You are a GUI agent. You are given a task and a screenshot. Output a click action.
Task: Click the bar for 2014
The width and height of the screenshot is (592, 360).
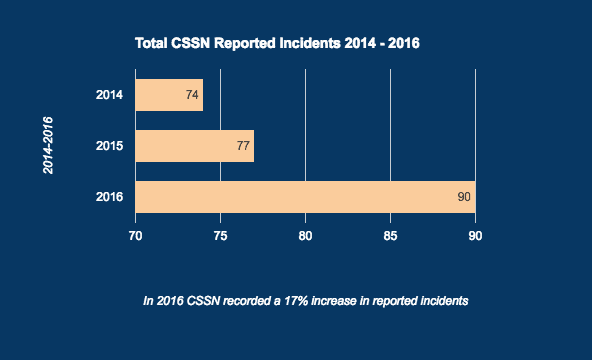click(168, 95)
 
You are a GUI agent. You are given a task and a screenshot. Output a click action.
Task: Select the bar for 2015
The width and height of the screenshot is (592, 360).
click(194, 146)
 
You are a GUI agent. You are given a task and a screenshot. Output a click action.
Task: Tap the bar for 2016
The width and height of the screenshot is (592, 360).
click(305, 197)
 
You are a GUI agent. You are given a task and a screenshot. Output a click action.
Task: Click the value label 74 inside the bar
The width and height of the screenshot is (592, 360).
click(193, 95)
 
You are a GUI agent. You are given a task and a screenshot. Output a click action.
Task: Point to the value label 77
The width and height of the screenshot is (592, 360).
click(243, 146)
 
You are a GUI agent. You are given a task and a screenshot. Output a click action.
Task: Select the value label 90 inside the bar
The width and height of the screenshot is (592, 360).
click(464, 197)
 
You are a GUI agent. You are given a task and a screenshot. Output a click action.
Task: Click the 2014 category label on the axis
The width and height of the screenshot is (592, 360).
click(109, 95)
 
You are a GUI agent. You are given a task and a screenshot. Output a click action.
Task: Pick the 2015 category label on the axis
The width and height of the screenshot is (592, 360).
click(109, 146)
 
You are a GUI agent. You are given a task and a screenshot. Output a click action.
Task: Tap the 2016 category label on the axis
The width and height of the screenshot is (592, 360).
click(109, 197)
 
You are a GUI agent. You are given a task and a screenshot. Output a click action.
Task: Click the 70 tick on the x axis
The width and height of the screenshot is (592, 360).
click(135, 236)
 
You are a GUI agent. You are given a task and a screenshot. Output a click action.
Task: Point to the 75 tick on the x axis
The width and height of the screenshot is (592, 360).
click(220, 236)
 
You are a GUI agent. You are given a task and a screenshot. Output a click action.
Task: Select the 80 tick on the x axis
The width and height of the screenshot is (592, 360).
click(305, 236)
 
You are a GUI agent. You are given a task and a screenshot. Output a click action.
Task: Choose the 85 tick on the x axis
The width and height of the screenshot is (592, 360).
click(390, 236)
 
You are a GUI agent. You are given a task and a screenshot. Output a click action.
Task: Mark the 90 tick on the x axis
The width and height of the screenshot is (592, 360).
click(476, 236)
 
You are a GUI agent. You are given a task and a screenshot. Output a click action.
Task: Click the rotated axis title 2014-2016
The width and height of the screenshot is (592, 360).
click(48, 146)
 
